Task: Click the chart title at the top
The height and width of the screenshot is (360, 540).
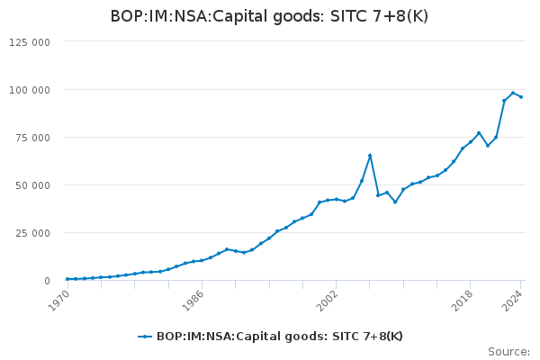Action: click(269, 16)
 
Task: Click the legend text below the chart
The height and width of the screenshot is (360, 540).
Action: click(280, 337)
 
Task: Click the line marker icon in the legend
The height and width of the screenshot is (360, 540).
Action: click(144, 337)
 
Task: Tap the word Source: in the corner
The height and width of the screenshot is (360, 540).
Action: click(508, 352)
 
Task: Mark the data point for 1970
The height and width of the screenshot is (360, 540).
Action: click(67, 279)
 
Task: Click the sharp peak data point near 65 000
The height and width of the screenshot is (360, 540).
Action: click(370, 156)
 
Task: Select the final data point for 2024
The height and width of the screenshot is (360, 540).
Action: click(521, 96)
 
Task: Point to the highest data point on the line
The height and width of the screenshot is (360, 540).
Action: click(513, 93)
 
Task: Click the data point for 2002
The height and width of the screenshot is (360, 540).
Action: click(336, 199)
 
